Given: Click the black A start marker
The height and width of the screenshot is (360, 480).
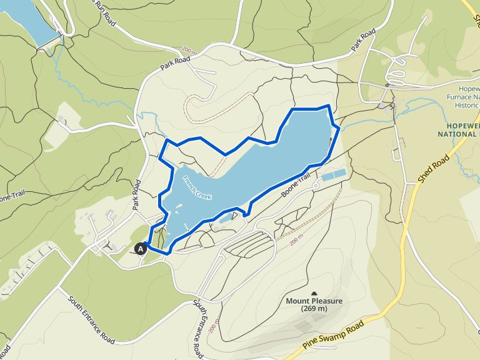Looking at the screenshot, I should [141, 248].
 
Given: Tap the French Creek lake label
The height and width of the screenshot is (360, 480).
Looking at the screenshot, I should [197, 188].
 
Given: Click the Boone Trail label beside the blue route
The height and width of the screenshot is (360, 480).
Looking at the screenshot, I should [296, 186].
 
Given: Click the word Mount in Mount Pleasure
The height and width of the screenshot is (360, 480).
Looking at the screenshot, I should [299, 301].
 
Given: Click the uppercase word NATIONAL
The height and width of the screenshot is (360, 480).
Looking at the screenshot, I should [458, 133].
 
